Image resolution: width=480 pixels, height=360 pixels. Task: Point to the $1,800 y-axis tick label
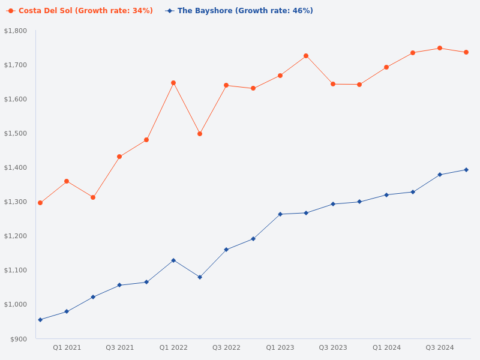[x=16, y=31]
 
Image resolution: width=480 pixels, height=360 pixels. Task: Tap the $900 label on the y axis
[x=19, y=339]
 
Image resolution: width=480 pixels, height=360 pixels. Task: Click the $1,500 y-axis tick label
[x=16, y=133]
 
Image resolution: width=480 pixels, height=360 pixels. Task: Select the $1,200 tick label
[x=16, y=236]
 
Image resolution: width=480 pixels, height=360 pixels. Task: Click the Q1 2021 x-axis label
[x=67, y=347]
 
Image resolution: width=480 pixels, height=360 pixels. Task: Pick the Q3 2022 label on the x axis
[x=226, y=347]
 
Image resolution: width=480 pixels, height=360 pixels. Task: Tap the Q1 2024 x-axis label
[x=386, y=347]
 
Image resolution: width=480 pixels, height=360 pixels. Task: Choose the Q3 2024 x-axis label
[x=440, y=347]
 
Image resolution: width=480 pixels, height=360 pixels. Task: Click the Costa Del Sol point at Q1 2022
[x=173, y=83]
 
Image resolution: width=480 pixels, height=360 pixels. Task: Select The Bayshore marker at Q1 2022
[x=173, y=260]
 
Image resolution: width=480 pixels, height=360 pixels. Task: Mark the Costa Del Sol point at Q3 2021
[x=119, y=157]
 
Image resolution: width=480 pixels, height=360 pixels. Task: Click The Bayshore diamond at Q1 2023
[x=280, y=214]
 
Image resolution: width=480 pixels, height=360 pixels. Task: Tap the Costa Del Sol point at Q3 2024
[x=440, y=48]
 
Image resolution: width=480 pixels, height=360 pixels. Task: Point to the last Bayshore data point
[x=466, y=170]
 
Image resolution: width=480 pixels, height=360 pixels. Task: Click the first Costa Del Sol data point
[x=40, y=203]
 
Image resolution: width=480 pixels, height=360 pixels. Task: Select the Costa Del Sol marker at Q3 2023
[x=333, y=84]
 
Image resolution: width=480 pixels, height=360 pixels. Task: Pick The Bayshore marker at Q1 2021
[x=67, y=311]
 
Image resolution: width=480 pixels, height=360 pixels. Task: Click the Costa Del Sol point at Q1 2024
[x=386, y=67]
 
